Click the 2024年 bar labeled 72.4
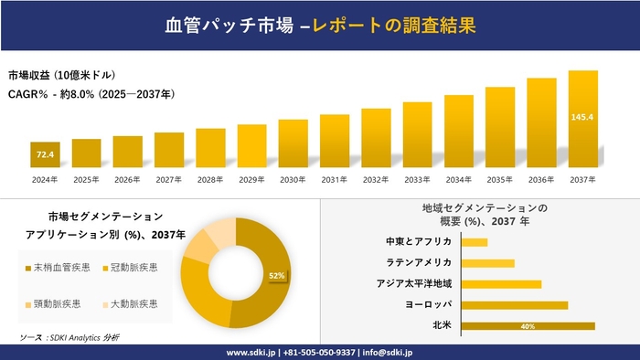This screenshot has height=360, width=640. click(45, 155)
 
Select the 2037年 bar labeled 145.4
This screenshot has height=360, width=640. click(582, 120)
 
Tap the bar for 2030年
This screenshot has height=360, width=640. click(293, 144)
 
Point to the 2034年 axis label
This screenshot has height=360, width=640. click(458, 179)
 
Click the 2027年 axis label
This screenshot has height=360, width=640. click(169, 179)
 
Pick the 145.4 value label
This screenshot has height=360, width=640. click(582, 117)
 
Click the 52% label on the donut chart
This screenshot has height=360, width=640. click(276, 275)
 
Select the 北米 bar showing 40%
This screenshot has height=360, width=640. click(528, 325)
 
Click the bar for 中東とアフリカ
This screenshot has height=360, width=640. click(475, 242)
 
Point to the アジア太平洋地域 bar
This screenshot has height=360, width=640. click(501, 283)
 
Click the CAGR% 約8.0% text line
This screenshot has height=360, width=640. click(91, 93)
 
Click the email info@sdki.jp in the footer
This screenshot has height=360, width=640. click(389, 352)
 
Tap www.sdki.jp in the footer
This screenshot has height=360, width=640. click(251, 352)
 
